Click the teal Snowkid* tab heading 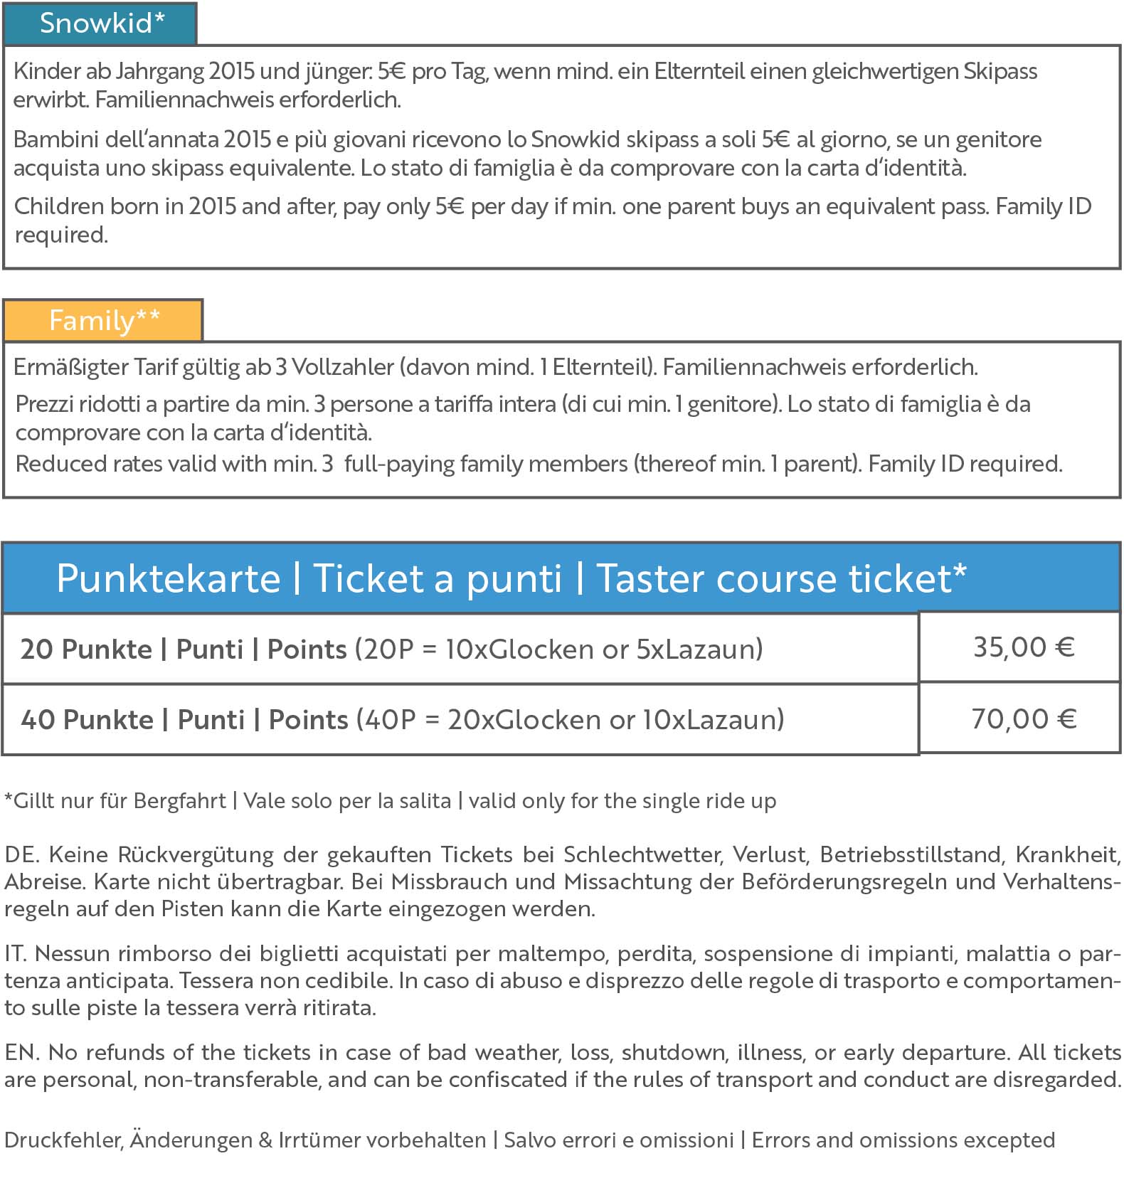[x=100, y=23]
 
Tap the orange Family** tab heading [x=104, y=320]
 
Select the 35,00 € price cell [x=1022, y=647]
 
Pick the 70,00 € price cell [x=1023, y=719]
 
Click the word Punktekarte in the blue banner [x=169, y=578]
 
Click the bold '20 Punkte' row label [x=86, y=649]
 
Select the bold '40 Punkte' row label [x=87, y=720]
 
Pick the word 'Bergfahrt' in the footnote [x=179, y=801]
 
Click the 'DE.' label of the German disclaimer [x=21, y=854]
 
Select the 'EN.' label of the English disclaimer [x=21, y=1052]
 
